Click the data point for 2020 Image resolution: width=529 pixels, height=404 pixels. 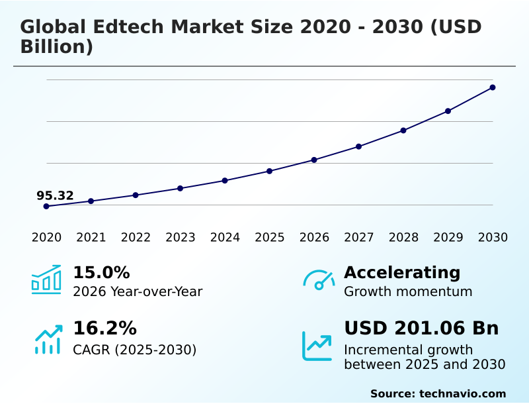pyautogui.click(x=46, y=206)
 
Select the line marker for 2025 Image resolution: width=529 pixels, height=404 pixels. pyautogui.click(x=270, y=171)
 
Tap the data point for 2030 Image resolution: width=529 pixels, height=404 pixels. pyautogui.click(x=493, y=87)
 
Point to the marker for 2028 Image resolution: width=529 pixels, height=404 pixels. pyautogui.click(x=403, y=130)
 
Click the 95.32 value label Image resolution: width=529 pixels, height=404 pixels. pyautogui.click(x=55, y=195)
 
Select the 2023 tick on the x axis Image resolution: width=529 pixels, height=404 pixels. pyautogui.click(x=181, y=237)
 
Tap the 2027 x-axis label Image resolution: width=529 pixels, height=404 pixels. pyautogui.click(x=359, y=237)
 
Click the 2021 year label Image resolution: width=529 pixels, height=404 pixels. pyautogui.click(x=91, y=237)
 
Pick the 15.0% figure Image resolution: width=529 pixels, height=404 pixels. pyautogui.click(x=101, y=272)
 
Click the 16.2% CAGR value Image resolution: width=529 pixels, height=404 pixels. pyautogui.click(x=104, y=328)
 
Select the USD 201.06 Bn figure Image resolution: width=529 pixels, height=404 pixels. pyautogui.click(x=421, y=328)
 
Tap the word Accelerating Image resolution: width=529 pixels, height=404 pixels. pyautogui.click(x=402, y=272)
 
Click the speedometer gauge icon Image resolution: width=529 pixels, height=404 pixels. pyautogui.click(x=319, y=279)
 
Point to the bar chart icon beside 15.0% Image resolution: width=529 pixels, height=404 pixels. pyautogui.click(x=46, y=279)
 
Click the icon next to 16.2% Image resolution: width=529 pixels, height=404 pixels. pyautogui.click(x=48, y=338)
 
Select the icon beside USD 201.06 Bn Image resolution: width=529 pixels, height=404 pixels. pyautogui.click(x=317, y=345)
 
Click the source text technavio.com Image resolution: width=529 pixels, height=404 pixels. pyautogui.click(x=462, y=393)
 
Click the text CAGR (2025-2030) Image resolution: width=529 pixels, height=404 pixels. pyautogui.click(x=134, y=350)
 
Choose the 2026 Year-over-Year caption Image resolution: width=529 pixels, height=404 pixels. pyautogui.click(x=138, y=291)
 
